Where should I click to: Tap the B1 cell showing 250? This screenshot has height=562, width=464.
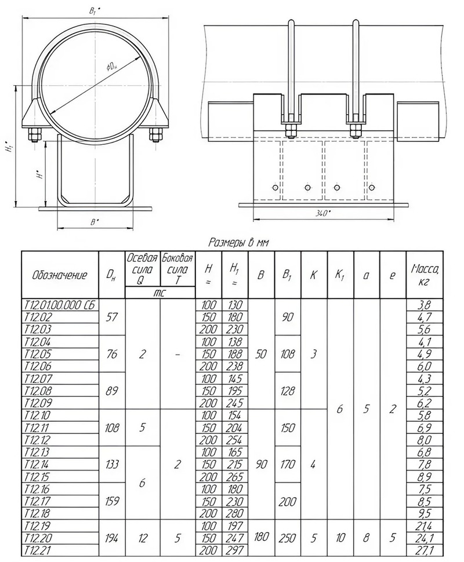coord(287,538)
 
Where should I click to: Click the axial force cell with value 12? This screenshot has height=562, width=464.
coord(142,538)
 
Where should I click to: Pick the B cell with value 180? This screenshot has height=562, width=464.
coord(260,538)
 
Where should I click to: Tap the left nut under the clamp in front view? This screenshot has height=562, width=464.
coord(33,134)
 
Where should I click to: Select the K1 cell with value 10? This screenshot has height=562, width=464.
coord(340,538)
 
